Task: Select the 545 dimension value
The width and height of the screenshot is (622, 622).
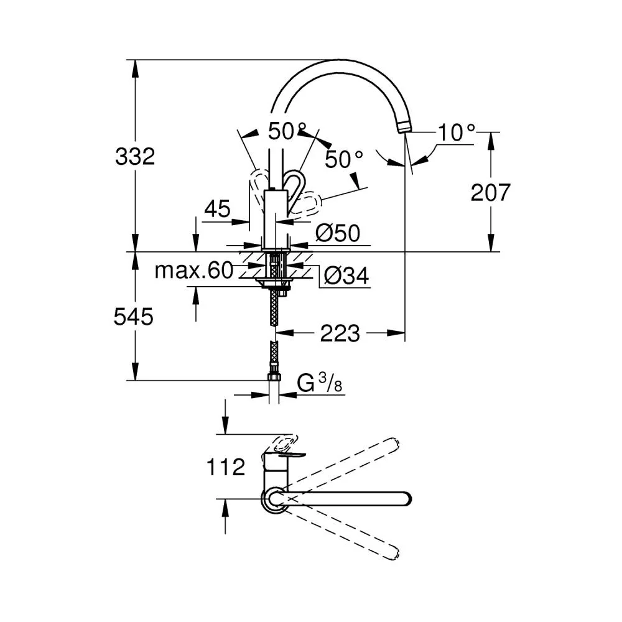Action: (x=133, y=317)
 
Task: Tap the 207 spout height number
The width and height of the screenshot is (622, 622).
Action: (x=490, y=193)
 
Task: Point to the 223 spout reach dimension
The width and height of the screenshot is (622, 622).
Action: (x=340, y=333)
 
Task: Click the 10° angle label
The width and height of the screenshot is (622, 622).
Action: (x=457, y=132)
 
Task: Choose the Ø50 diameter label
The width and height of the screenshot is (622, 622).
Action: (x=338, y=233)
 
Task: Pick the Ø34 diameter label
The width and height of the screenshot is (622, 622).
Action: (x=346, y=276)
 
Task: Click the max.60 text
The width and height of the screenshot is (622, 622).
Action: (x=193, y=271)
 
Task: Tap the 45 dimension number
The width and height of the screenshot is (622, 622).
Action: (x=217, y=208)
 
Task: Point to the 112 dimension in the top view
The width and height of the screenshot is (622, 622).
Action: (x=226, y=467)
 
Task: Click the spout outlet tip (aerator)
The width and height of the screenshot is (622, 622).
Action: (x=404, y=127)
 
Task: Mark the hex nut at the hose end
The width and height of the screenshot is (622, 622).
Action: (x=274, y=377)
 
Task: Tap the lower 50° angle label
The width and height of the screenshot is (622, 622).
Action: (x=344, y=159)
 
